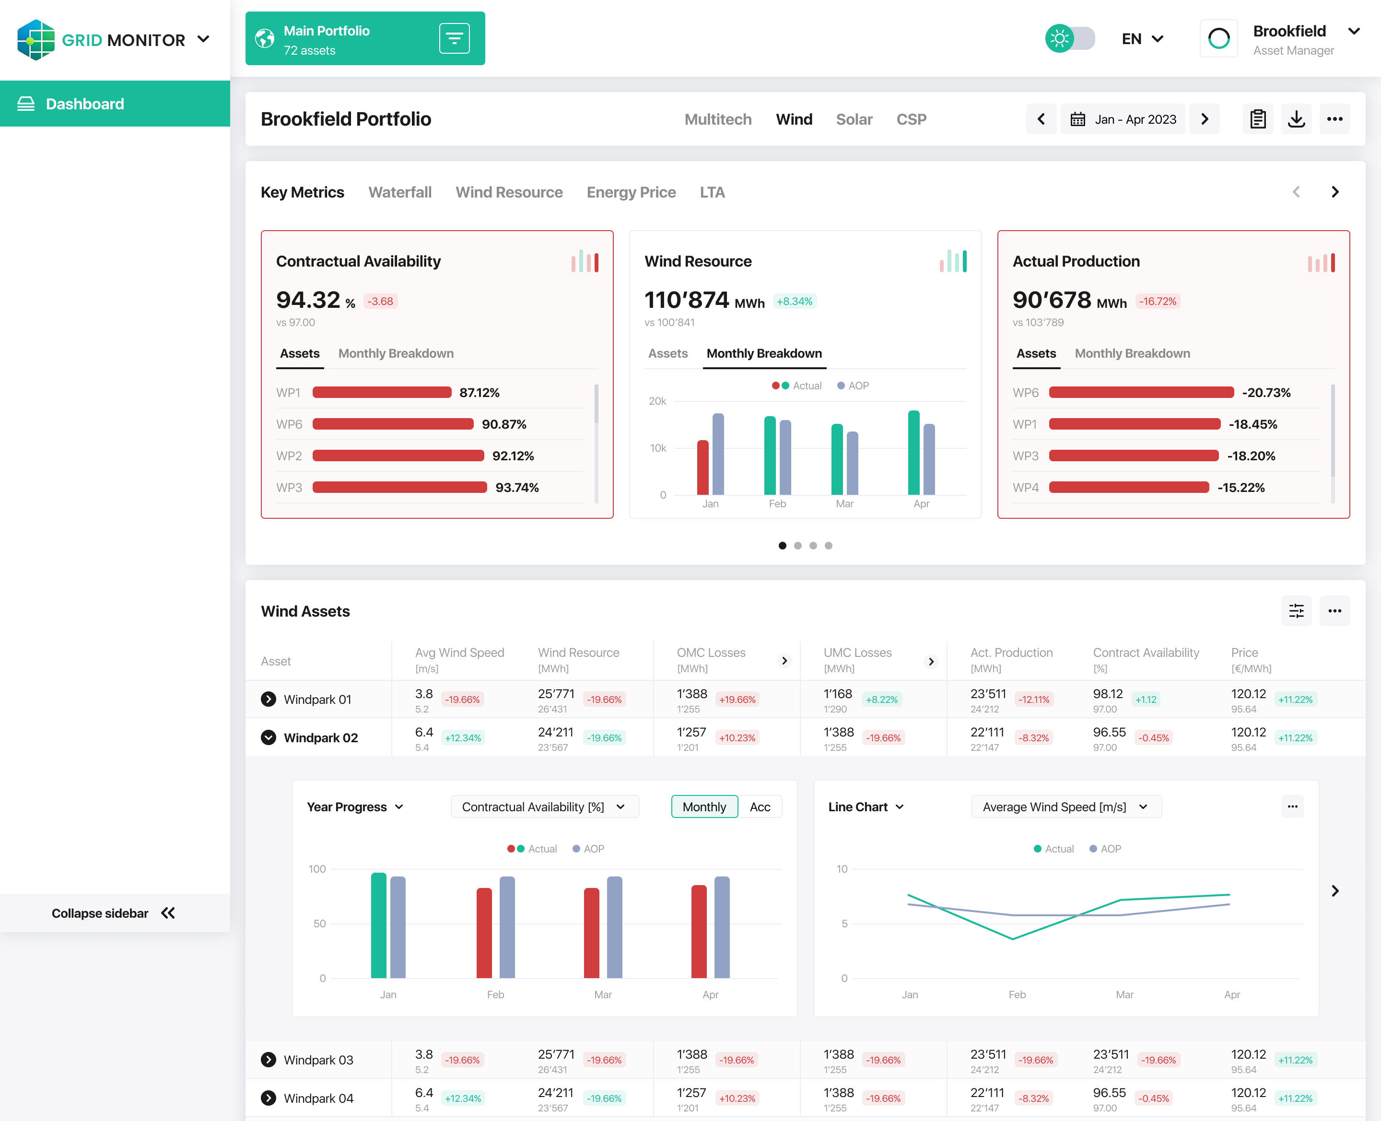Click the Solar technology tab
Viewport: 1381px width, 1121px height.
854,119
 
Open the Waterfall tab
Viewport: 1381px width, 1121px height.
399,192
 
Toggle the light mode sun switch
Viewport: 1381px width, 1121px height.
1070,39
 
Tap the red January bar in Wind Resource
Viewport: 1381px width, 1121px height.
702,467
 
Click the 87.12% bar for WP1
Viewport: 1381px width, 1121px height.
382,393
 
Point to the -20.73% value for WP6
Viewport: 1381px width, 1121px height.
1266,393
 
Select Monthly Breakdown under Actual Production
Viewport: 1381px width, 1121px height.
1132,353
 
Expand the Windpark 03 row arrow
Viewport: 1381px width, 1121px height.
269,1060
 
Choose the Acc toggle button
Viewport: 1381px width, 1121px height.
760,806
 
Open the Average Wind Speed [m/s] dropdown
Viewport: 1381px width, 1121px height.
1066,806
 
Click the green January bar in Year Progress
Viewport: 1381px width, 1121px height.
378,925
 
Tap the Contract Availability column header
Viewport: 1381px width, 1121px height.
1146,660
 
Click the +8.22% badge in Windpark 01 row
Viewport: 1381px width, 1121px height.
881,700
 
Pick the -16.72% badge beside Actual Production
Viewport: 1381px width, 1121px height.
1158,301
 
